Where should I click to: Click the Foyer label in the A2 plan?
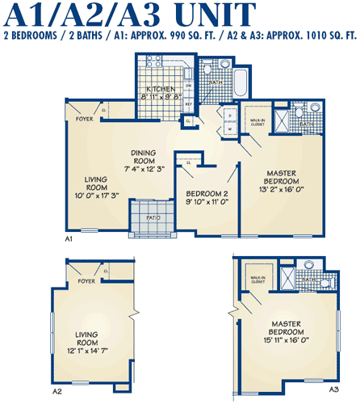click(86, 281)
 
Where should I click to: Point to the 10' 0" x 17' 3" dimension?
click(91, 195)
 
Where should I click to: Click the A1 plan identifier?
click(69, 240)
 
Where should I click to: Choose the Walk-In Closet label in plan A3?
click(258, 279)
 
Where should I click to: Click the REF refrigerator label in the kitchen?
click(188, 104)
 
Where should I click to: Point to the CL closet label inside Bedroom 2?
click(188, 163)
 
